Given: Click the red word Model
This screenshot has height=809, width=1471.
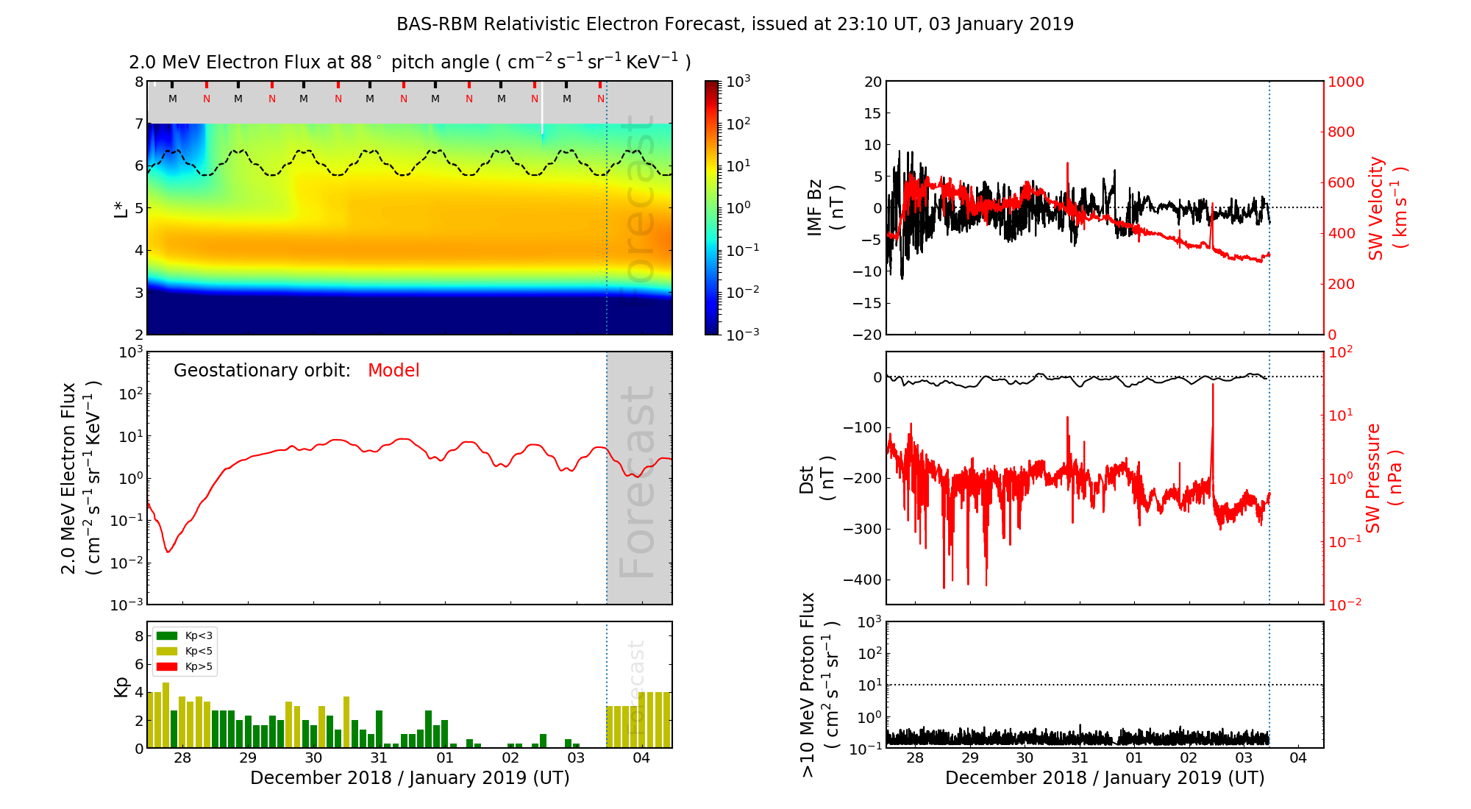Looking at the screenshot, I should [x=393, y=371].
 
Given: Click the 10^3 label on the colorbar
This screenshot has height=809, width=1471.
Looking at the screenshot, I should [x=738, y=81].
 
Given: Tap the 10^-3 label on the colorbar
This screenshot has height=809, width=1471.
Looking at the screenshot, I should [x=742, y=334].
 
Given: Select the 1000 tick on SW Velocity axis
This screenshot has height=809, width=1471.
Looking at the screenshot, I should [x=1345, y=82].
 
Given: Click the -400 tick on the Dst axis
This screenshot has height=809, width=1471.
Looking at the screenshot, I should [x=862, y=580].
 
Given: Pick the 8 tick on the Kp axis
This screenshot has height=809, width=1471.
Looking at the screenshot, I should [x=139, y=636].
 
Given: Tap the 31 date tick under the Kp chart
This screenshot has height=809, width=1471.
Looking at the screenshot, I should [x=379, y=758].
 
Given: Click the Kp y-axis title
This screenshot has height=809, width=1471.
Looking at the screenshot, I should [x=121, y=686].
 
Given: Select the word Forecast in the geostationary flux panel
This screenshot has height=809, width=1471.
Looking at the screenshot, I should [x=637, y=481].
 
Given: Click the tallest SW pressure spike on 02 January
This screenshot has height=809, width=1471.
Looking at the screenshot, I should [x=1213, y=386].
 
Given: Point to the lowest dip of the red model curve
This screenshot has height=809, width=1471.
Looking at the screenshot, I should [x=168, y=552].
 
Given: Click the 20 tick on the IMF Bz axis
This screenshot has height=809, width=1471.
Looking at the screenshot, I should [x=873, y=82].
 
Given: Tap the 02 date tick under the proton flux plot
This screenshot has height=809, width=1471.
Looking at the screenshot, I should [x=1189, y=758].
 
